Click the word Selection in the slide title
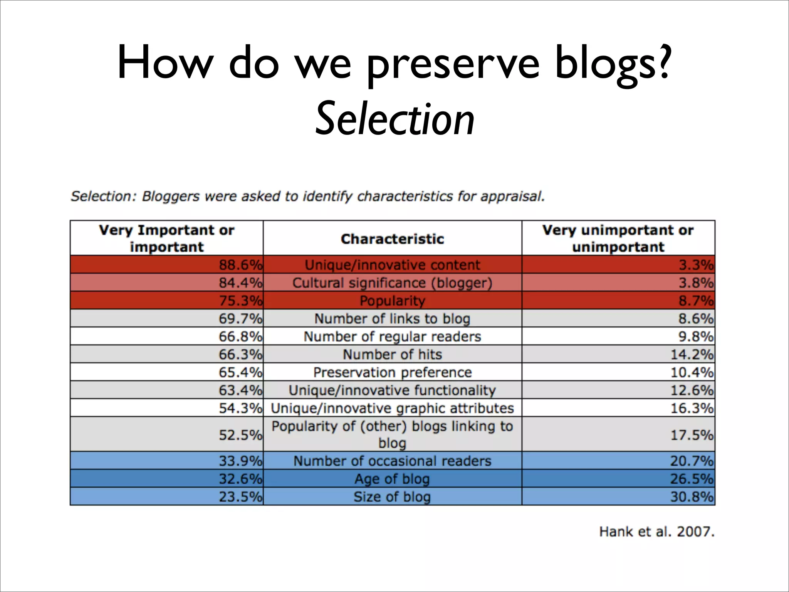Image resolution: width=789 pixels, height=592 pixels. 395,119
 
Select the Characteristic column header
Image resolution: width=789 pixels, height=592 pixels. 392,239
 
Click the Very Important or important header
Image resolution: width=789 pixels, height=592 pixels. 166,238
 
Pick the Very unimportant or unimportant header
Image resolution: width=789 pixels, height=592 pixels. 618,238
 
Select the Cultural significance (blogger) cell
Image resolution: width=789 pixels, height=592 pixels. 392,283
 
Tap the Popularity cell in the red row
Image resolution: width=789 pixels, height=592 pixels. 392,301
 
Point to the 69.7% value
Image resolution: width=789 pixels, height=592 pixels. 240,319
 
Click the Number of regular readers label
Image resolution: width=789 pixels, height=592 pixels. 392,336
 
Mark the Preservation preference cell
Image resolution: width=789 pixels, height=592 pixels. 392,372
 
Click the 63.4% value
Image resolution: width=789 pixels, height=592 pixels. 240,390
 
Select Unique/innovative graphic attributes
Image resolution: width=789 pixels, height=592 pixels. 392,408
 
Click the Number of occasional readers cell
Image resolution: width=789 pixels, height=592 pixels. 392,461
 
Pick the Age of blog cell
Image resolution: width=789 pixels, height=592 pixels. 392,479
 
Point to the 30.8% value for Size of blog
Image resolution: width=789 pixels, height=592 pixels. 692,497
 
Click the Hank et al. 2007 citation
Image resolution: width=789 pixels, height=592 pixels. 656,532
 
